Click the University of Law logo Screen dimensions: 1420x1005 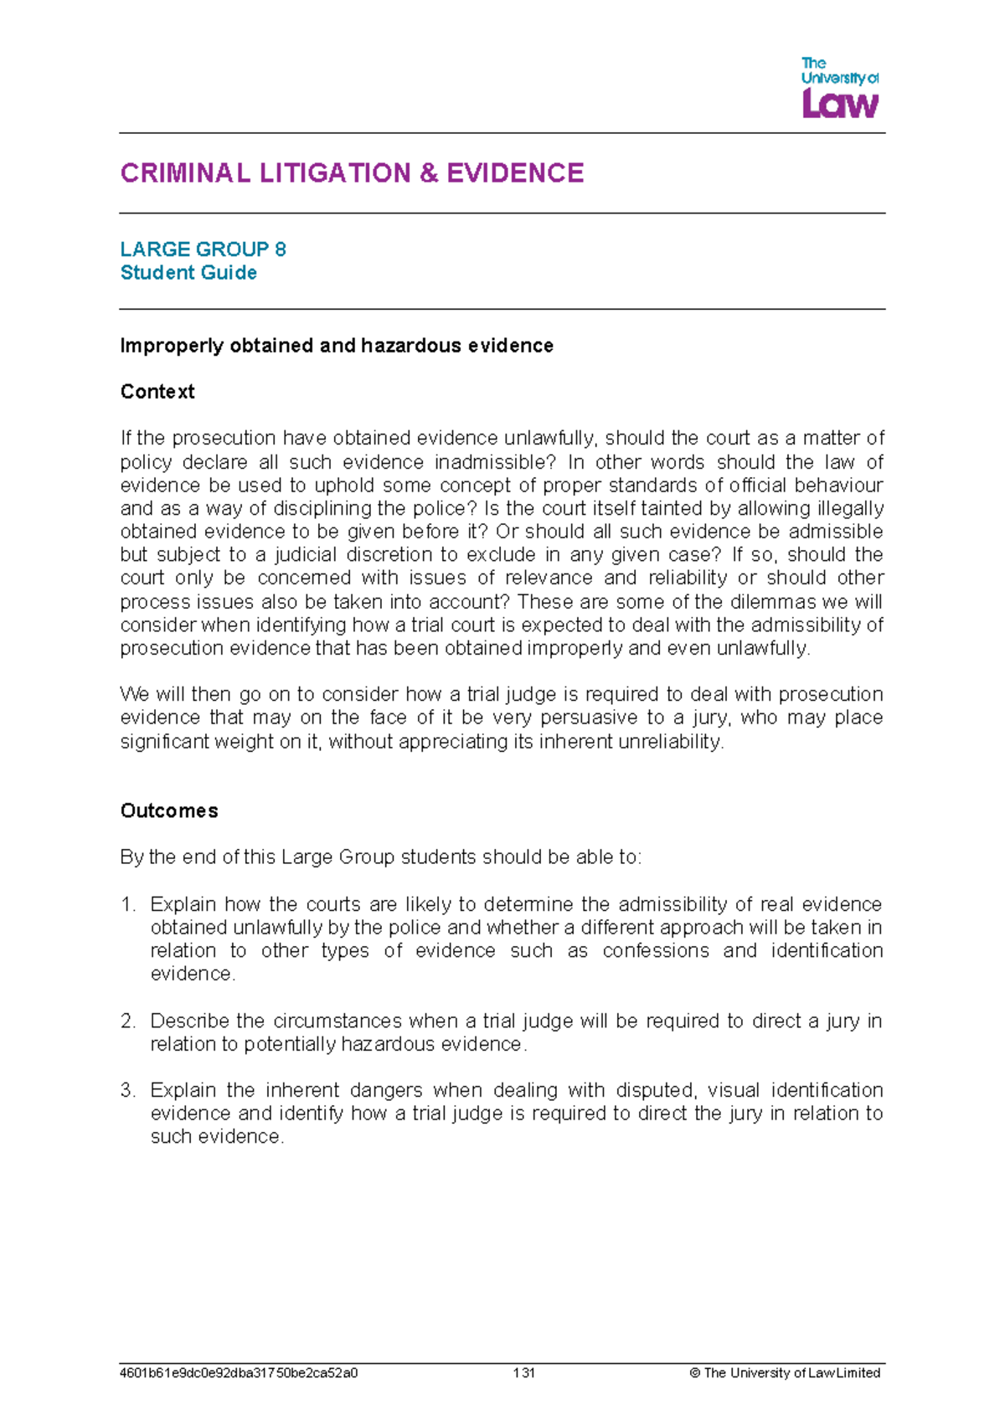click(x=840, y=88)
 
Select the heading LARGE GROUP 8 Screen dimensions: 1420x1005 click(x=203, y=250)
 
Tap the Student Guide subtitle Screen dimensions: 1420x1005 click(x=188, y=273)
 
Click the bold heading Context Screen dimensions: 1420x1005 click(x=157, y=392)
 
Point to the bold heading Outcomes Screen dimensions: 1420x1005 click(x=169, y=810)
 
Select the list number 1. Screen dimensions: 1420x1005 click(x=127, y=904)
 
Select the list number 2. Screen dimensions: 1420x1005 click(x=127, y=1021)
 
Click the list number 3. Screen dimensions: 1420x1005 click(x=127, y=1090)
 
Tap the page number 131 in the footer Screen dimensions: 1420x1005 click(x=524, y=1373)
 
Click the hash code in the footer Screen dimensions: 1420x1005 click(x=239, y=1373)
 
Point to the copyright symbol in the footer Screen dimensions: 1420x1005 click(x=694, y=1373)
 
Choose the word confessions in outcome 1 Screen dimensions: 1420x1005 click(x=656, y=951)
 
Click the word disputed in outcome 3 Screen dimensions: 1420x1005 click(x=655, y=1090)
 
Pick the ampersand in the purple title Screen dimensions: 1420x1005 click(x=428, y=173)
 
